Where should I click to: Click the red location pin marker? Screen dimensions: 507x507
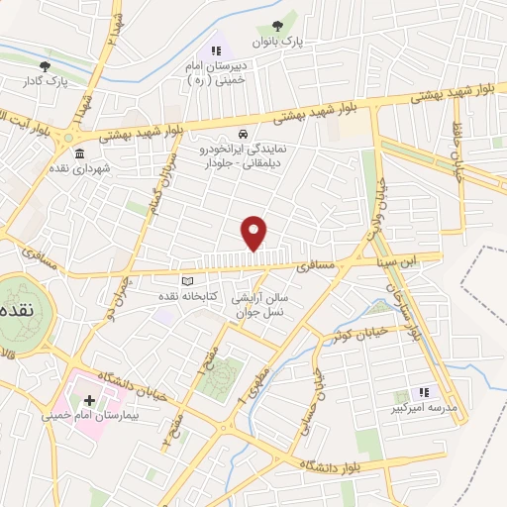point(254,232)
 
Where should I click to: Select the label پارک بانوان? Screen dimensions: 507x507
point(303,42)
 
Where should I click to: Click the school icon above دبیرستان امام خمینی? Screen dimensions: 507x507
point(214,50)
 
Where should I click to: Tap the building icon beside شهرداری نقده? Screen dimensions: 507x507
point(78,153)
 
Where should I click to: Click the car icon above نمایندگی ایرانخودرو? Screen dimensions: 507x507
point(244,134)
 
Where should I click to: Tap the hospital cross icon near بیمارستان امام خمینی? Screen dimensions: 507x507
point(89,401)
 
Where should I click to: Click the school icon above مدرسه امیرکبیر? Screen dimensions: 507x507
point(424,392)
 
